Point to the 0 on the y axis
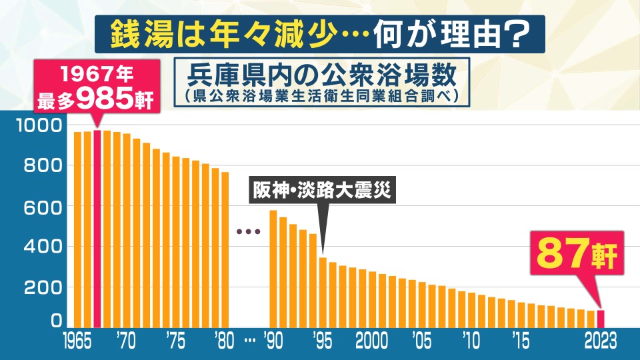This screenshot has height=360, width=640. click(x=57, y=321)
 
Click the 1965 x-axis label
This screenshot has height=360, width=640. click(x=78, y=341)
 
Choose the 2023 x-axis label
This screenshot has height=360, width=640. click(x=599, y=341)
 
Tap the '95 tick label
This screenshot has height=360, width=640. click(x=323, y=341)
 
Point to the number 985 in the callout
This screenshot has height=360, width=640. click(x=101, y=99)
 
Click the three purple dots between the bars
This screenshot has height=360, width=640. click(x=248, y=232)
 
